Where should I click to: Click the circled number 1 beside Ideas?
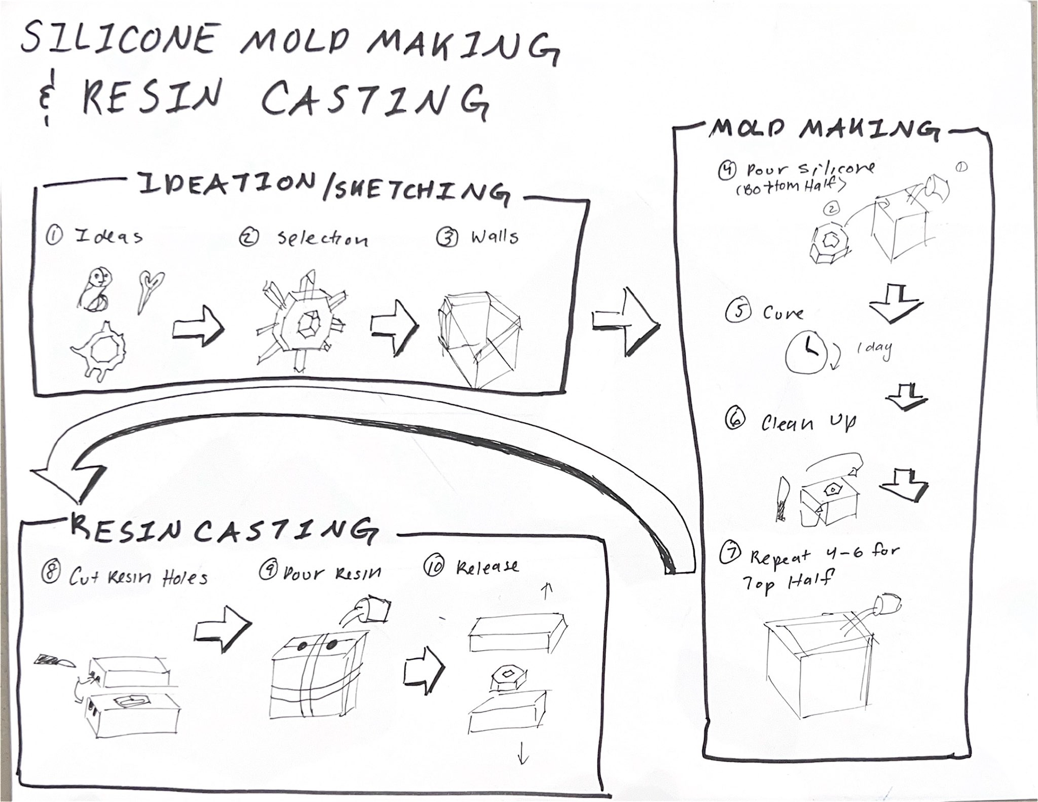[54, 235]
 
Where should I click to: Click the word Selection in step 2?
[323, 238]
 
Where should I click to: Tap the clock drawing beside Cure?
[806, 352]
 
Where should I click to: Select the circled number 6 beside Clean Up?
[735, 419]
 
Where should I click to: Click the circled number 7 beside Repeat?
[730, 552]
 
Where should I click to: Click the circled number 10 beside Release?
[434, 566]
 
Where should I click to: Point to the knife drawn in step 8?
[54, 660]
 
